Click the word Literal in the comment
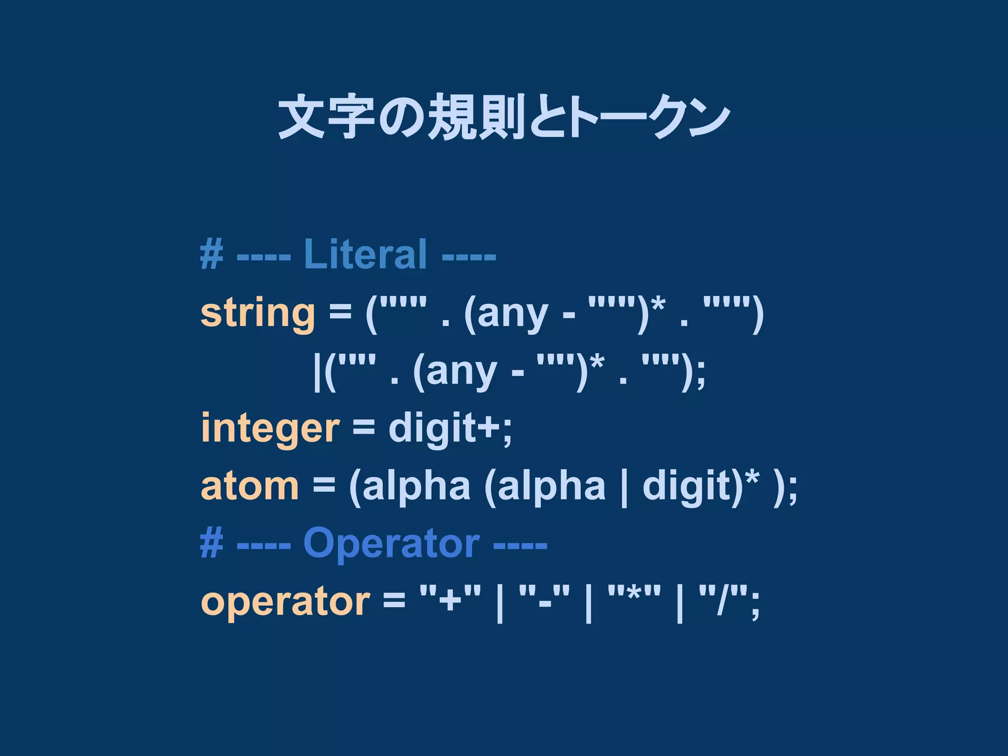[x=365, y=254]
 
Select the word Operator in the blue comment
[x=391, y=543]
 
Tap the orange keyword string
[x=257, y=314]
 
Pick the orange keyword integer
[x=270, y=428]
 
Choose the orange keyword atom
[x=250, y=486]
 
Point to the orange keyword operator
[x=285, y=601]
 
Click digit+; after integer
[x=450, y=428]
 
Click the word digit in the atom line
[x=688, y=486]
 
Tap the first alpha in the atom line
[x=416, y=486]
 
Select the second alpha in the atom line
[x=551, y=486]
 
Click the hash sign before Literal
[x=212, y=254]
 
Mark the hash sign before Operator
[x=212, y=543]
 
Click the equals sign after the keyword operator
[x=394, y=600]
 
